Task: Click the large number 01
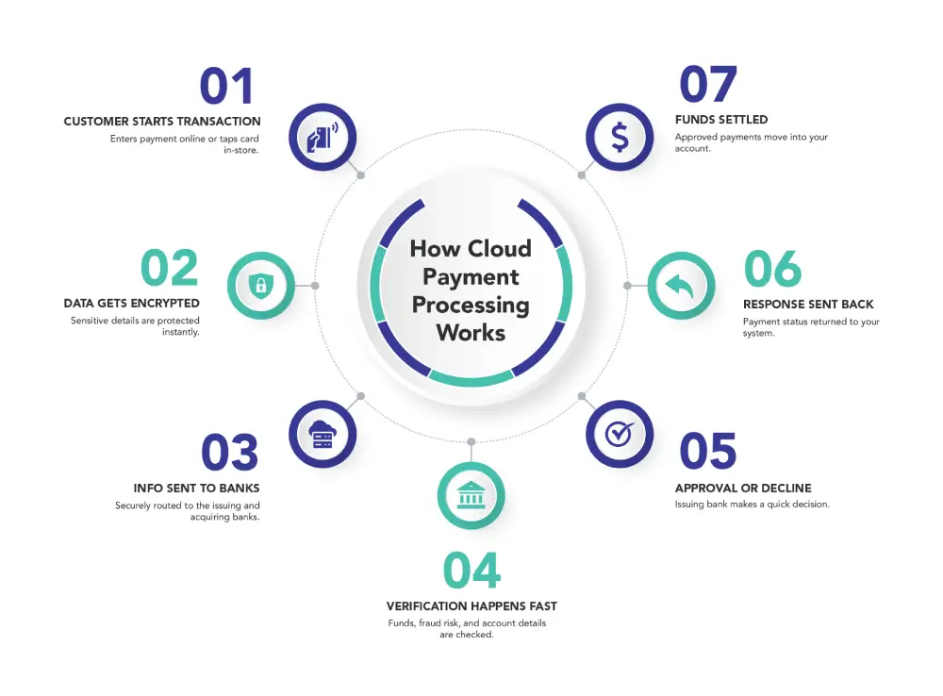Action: click(227, 87)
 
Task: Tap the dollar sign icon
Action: click(620, 138)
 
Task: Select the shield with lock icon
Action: click(261, 285)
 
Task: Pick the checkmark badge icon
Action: click(619, 433)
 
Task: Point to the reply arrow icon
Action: click(681, 285)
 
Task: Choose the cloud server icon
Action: click(323, 434)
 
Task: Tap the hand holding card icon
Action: click(322, 138)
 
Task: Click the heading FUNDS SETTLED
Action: click(721, 121)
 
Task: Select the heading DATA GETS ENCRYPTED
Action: click(132, 304)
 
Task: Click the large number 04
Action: click(471, 571)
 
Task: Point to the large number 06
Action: click(772, 269)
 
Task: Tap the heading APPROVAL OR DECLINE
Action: click(743, 489)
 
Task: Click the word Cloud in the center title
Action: click(500, 249)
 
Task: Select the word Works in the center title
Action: click(471, 333)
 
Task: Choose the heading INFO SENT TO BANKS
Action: click(196, 489)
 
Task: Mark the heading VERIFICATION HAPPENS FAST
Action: click(471, 606)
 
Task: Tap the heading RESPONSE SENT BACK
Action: click(808, 305)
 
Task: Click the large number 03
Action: click(229, 454)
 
